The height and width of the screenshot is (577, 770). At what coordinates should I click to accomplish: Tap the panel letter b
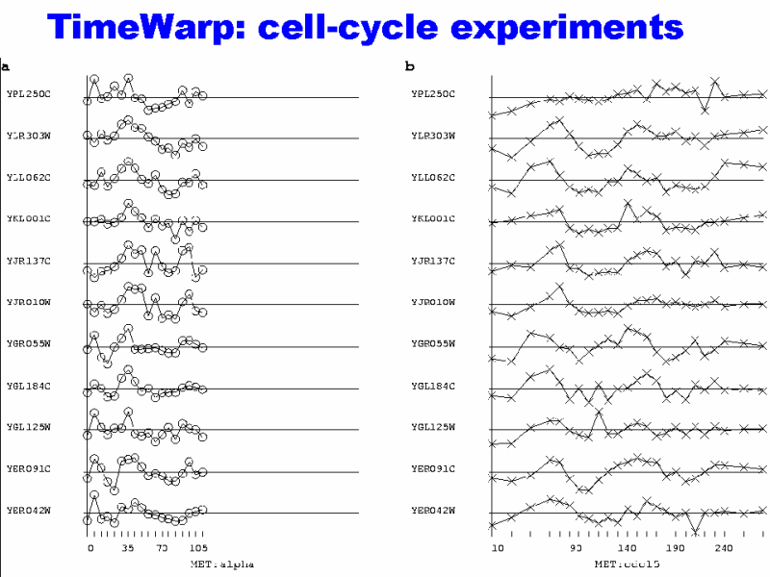click(x=409, y=66)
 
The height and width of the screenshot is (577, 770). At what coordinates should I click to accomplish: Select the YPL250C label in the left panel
click(x=28, y=94)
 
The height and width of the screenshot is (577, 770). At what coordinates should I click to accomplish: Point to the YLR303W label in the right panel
click(x=432, y=136)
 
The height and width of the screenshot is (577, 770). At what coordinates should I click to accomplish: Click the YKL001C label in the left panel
click(x=28, y=219)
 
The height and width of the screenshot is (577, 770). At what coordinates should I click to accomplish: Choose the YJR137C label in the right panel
click(x=432, y=261)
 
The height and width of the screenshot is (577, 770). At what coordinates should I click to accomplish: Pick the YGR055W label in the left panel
click(x=28, y=343)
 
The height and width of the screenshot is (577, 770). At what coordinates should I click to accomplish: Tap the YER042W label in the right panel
click(x=432, y=510)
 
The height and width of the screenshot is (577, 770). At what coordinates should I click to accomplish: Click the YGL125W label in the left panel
click(x=28, y=427)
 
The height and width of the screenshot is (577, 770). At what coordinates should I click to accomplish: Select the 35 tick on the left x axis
click(x=128, y=548)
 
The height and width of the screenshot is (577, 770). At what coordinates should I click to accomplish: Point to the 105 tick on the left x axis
click(x=198, y=548)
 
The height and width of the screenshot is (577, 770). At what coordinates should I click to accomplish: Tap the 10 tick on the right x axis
click(x=497, y=548)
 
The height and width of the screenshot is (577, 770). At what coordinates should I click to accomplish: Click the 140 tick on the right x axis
click(x=627, y=548)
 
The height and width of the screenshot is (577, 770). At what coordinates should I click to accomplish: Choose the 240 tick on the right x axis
click(x=723, y=548)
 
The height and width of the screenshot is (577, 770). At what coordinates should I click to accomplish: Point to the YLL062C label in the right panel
click(x=432, y=178)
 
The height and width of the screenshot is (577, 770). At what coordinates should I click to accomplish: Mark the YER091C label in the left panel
click(x=28, y=468)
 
